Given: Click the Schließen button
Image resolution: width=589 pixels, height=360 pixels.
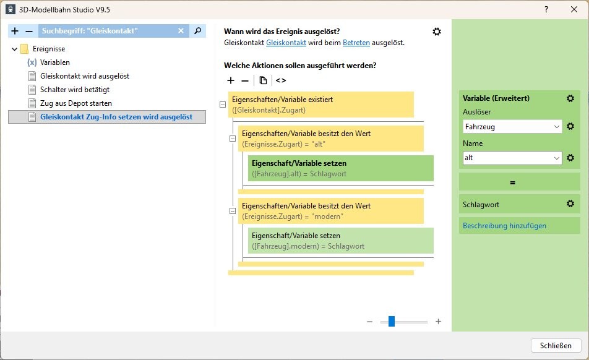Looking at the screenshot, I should (556, 345).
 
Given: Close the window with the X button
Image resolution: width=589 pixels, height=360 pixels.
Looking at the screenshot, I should (574, 10).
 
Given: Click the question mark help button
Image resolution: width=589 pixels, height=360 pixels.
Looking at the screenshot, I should (546, 10).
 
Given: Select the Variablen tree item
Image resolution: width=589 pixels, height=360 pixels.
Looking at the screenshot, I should (54, 62).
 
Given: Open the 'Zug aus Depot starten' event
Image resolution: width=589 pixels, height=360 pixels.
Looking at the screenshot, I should (75, 103).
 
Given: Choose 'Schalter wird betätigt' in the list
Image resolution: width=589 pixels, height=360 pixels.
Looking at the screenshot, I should (74, 90).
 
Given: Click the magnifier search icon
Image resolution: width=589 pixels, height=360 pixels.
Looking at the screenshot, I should (197, 31).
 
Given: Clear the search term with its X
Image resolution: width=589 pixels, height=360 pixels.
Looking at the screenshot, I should (181, 31).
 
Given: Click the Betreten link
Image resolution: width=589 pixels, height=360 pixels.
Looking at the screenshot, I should (356, 43).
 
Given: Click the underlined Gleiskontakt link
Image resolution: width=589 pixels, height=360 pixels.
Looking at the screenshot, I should (286, 43).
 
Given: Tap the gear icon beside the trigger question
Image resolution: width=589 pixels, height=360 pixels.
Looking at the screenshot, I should (437, 32).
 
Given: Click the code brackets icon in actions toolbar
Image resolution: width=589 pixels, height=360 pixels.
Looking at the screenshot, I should (281, 80).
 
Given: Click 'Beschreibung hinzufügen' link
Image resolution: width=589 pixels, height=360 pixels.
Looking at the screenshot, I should (504, 226).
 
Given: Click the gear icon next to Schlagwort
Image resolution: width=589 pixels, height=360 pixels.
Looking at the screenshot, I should (570, 204).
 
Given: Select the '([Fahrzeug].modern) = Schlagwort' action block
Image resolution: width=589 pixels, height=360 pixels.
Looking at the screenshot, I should (340, 241).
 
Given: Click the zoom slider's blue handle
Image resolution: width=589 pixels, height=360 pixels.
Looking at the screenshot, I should (392, 322).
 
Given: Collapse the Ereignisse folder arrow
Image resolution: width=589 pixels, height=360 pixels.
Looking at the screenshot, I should (14, 49).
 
